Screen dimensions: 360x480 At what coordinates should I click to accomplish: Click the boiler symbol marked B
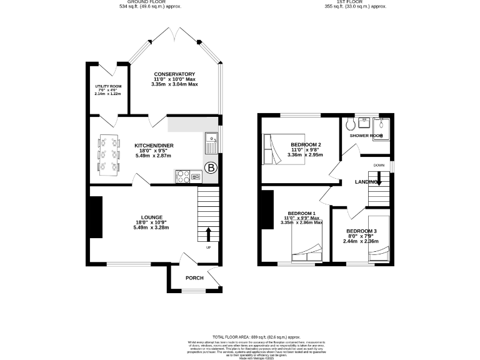point(211,167)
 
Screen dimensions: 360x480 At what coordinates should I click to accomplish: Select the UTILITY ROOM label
point(108,86)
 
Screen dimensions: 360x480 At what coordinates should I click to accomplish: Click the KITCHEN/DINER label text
point(154,146)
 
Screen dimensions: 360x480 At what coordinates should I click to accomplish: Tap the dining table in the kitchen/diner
point(109,153)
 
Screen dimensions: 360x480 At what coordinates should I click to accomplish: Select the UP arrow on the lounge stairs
point(208,234)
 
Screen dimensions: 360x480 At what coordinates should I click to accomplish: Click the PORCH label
point(194,277)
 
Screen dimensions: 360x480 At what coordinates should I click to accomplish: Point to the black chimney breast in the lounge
point(96,217)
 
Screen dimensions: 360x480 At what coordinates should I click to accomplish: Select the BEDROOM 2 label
point(306,145)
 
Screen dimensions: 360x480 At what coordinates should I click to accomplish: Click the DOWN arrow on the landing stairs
point(379,179)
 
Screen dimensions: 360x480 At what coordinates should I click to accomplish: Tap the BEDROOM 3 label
point(361,231)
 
